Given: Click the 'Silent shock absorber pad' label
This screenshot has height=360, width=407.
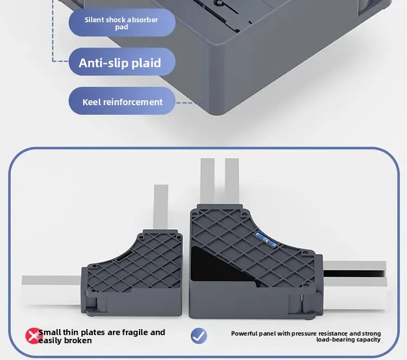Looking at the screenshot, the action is (x=122, y=23).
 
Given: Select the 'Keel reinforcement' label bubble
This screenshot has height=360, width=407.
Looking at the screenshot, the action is (x=122, y=102).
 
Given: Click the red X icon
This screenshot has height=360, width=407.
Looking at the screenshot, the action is (x=34, y=336).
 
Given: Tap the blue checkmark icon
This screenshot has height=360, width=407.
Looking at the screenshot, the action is (x=199, y=336).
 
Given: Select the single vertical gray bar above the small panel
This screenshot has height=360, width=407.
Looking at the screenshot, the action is (x=162, y=206).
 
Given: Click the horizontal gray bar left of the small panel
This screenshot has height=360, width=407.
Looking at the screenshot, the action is (x=52, y=287).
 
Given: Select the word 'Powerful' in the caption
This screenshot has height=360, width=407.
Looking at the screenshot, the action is (x=246, y=333).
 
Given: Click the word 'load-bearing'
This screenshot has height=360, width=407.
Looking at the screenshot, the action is (x=335, y=340).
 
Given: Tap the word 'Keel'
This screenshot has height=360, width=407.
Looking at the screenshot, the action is (x=91, y=102).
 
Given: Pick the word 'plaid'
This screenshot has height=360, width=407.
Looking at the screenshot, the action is (x=147, y=63).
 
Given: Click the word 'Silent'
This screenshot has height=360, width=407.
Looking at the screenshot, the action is (x=94, y=20).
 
